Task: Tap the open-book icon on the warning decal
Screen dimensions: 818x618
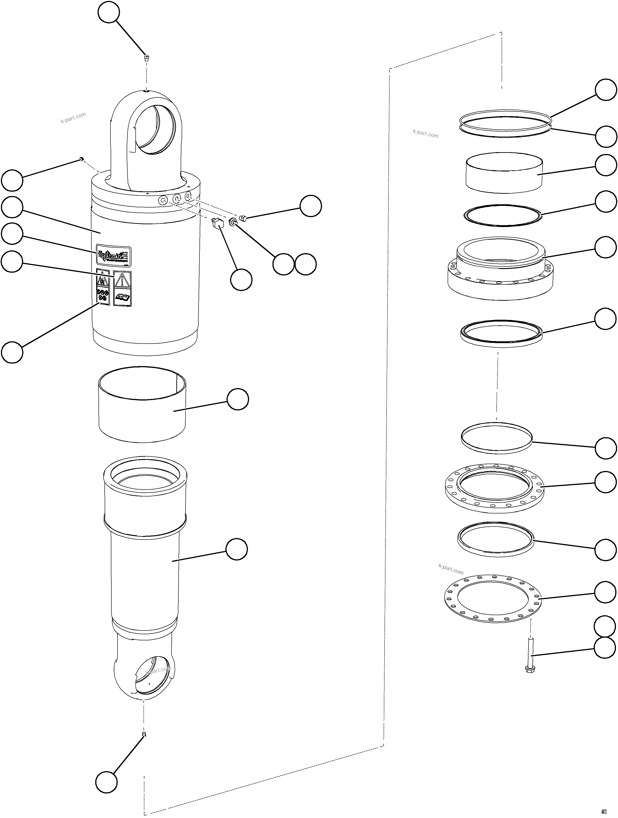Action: pyautogui.click(x=122, y=297)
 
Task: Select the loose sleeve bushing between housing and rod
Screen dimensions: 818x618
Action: pyautogui.click(x=142, y=405)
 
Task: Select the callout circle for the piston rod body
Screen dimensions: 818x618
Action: pyautogui.click(x=237, y=549)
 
